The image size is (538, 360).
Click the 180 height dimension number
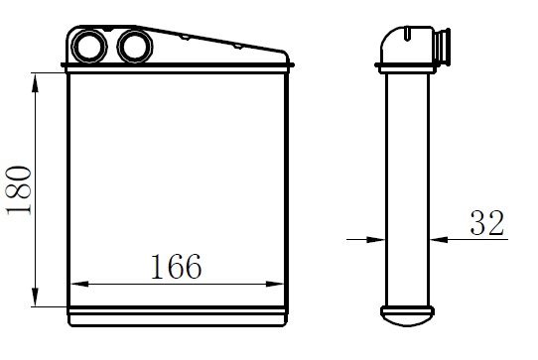(19, 190)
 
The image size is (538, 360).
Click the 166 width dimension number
(176, 266)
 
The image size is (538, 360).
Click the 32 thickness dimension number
(486, 222)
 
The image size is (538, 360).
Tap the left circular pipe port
(89, 47)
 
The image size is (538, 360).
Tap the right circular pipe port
(135, 47)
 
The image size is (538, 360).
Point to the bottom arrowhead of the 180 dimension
(35, 297)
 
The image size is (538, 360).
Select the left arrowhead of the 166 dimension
(79, 284)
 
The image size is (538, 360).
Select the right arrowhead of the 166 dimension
(275, 284)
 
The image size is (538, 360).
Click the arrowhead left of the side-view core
(376, 239)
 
